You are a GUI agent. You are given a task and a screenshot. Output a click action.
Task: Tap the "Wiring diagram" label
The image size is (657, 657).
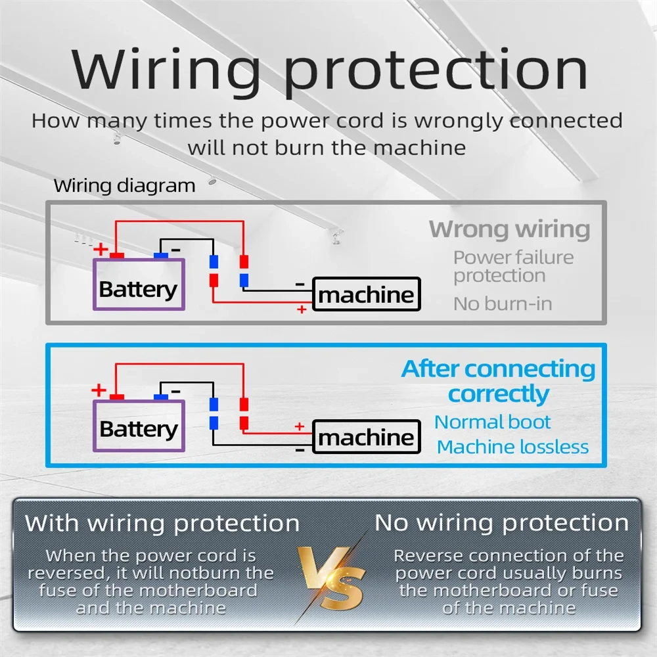click(124, 186)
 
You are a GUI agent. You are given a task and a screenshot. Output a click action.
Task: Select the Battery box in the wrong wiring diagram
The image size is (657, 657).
click(139, 284)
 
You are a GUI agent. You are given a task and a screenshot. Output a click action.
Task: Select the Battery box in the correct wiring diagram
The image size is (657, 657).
click(139, 426)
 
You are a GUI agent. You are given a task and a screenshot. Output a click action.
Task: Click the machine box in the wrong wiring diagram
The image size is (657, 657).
click(367, 294)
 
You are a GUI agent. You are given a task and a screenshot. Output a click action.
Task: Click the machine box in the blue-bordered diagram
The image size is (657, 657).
click(367, 437)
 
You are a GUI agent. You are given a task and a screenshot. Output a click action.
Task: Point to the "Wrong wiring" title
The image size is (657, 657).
click(510, 229)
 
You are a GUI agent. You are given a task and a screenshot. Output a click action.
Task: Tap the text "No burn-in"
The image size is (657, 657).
click(503, 304)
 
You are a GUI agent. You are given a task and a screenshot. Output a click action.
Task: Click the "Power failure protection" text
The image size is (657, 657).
click(513, 267)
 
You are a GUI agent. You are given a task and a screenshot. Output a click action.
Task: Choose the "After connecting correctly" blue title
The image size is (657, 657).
click(498, 381)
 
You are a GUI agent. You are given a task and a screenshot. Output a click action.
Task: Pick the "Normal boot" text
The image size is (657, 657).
click(492, 422)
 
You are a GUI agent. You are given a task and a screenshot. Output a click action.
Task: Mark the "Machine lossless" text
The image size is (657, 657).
click(513, 447)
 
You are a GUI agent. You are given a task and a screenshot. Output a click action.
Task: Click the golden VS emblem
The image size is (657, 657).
click(331, 578)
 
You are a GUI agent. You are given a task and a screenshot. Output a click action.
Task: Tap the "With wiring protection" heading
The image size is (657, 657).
click(162, 524)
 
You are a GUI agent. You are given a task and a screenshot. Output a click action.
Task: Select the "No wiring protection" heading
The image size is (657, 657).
click(501, 523)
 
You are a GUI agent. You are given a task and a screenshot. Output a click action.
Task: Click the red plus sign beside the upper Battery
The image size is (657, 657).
click(101, 249)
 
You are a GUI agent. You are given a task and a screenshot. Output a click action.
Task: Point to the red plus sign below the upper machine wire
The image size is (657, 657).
click(302, 309)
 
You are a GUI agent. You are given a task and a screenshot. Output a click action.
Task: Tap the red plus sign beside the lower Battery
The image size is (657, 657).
click(99, 390)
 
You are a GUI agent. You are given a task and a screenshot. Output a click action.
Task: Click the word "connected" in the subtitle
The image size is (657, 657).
click(566, 121)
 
